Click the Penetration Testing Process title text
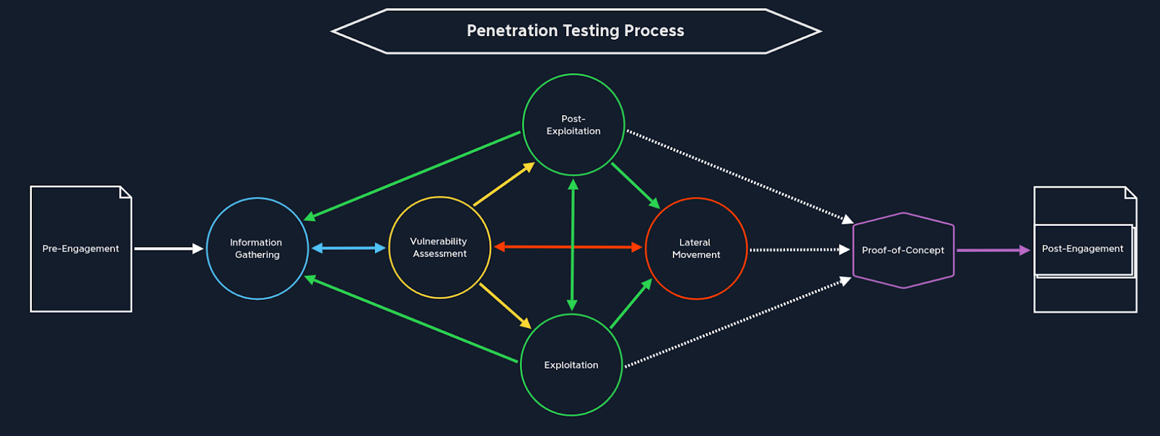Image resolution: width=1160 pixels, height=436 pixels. [x=575, y=30]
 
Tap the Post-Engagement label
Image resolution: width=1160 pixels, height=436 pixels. [x=1082, y=248]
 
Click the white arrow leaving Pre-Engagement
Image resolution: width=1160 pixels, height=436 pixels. [x=167, y=248]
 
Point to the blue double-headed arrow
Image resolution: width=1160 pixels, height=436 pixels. [x=348, y=248]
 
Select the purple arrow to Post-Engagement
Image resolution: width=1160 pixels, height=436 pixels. [x=992, y=251]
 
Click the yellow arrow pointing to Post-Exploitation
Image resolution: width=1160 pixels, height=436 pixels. [x=503, y=185]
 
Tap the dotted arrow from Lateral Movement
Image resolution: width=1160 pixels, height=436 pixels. [x=797, y=250]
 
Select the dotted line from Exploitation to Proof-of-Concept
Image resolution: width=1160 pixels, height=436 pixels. [x=737, y=323]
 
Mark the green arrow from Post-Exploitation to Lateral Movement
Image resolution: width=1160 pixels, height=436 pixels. [x=634, y=185]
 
